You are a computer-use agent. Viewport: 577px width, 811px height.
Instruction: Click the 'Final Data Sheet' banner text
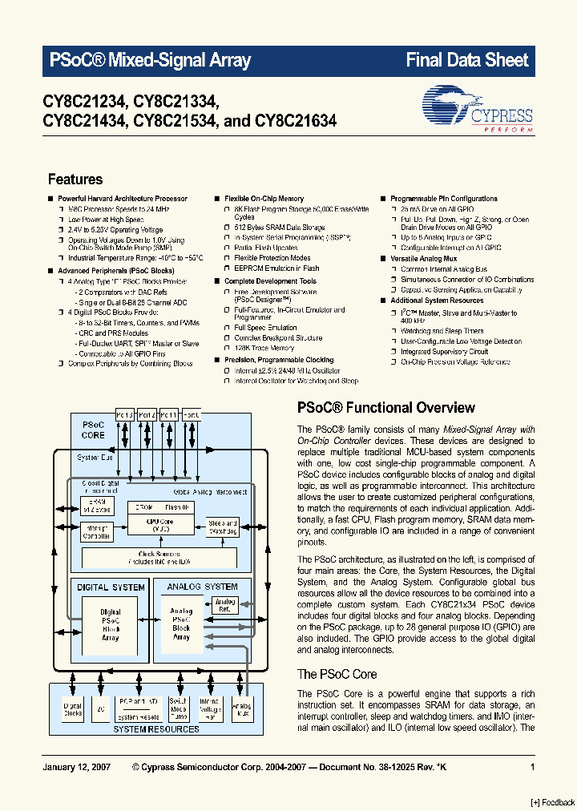(x=466, y=60)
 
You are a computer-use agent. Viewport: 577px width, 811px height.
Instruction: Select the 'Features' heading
(x=75, y=180)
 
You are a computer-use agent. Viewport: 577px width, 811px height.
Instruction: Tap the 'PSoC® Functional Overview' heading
(x=386, y=407)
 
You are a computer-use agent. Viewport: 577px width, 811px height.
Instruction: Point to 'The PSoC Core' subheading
(x=337, y=674)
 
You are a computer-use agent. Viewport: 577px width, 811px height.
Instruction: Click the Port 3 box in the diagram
(x=125, y=415)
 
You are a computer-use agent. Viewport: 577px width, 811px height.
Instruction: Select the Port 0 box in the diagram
(x=192, y=415)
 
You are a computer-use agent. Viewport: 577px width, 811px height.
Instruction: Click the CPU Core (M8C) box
(x=161, y=525)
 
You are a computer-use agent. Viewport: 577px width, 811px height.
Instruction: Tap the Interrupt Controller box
(x=97, y=531)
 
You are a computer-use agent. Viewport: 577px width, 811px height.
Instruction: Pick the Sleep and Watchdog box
(x=222, y=527)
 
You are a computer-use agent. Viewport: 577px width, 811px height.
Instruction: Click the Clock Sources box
(x=158, y=557)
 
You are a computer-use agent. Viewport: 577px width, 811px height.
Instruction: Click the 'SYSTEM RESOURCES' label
(x=155, y=729)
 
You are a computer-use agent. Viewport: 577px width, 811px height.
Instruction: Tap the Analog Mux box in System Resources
(x=240, y=708)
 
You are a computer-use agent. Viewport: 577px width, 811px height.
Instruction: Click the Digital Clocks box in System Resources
(x=73, y=708)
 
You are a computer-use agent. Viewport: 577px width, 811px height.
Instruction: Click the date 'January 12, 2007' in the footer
(x=75, y=768)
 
